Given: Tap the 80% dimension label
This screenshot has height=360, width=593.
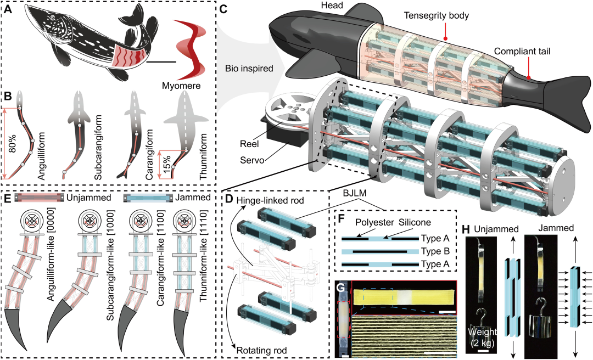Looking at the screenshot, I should [x=12, y=142].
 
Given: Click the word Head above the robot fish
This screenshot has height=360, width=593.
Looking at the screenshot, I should [x=332, y=5].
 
